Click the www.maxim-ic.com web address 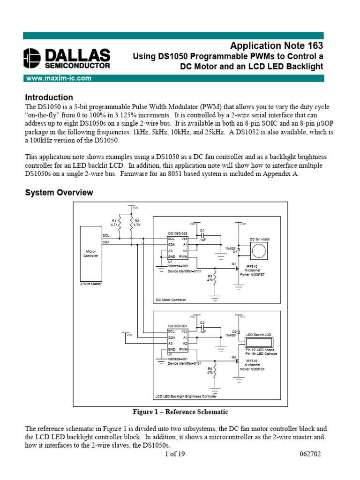point(58,78)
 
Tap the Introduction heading point(49,97)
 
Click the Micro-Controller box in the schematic point(90,253)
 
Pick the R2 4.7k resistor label point(137,223)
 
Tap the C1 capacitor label point(202,230)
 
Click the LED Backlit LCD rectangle point(259,342)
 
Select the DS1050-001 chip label point(178,326)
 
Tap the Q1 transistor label point(233,264)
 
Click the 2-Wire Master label point(91,284)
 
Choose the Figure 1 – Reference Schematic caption point(180,412)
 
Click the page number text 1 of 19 point(175,454)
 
